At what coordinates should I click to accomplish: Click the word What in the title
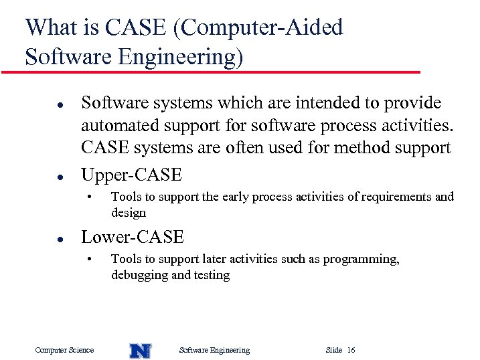[x=52, y=27]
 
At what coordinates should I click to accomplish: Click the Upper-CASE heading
[x=131, y=175]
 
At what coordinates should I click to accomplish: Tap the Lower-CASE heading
[x=132, y=238]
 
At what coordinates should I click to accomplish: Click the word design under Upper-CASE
[x=128, y=213]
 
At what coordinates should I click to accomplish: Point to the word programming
[x=360, y=259]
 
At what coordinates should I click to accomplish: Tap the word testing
[x=211, y=275]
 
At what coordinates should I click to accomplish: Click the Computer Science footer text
[x=64, y=350]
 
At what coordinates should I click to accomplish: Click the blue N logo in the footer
[x=140, y=350]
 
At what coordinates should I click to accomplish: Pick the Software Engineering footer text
[x=214, y=350]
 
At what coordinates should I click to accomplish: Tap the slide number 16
[x=351, y=350]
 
